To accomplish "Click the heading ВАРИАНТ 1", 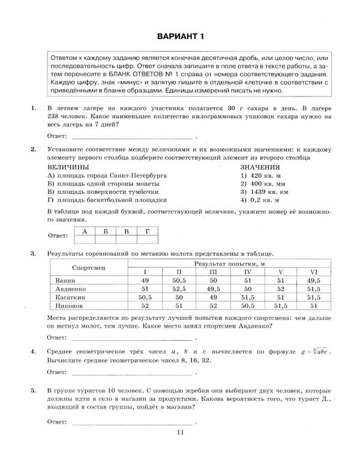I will (180, 37).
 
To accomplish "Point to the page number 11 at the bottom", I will (179, 434).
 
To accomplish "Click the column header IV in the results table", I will (247, 272).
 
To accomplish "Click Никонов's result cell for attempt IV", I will (247, 305).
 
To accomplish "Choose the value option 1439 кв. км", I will (265, 191).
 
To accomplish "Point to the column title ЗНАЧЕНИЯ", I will (260, 166).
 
